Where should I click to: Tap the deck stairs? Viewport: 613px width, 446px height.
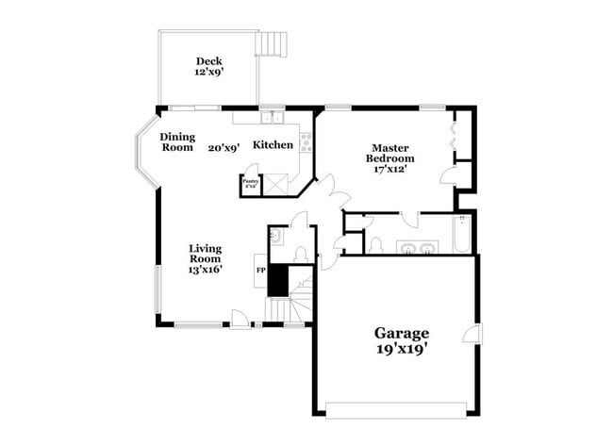(272, 43)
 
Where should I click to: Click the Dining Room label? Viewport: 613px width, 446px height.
(176, 141)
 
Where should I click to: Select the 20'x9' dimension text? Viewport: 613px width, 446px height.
(224, 147)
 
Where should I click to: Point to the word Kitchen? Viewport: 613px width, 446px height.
(273, 145)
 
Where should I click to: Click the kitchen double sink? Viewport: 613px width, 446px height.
(272, 117)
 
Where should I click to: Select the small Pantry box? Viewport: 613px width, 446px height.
(251, 183)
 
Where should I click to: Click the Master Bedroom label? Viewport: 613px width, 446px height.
(389, 153)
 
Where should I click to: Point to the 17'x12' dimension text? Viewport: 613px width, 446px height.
(389, 170)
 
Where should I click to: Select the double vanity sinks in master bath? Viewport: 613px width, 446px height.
(418, 249)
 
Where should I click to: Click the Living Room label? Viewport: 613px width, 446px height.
(205, 253)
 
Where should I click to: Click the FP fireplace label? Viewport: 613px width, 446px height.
(260, 272)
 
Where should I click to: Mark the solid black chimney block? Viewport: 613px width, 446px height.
(277, 280)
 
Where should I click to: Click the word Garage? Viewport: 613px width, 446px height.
(403, 333)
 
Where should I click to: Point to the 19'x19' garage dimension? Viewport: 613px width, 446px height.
(403, 351)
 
